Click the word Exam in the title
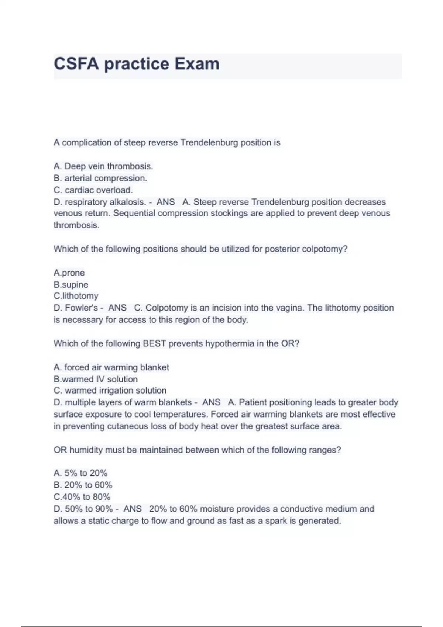pyautogui.click(x=197, y=64)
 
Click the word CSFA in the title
pyautogui.click(x=76, y=64)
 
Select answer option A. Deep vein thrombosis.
pyautogui.click(x=103, y=166)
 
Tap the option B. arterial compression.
pyautogui.click(x=100, y=178)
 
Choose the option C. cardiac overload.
pyautogui.click(x=93, y=190)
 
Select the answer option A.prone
pyautogui.click(x=69, y=273)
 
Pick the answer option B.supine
pyautogui.click(x=71, y=285)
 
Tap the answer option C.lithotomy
pyautogui.click(x=76, y=296)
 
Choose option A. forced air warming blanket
pyautogui.click(x=111, y=367)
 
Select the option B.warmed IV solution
pyautogui.click(x=96, y=379)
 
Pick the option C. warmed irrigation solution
pyautogui.click(x=110, y=391)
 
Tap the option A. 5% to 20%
pyautogui.click(x=80, y=473)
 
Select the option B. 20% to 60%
pyautogui.click(x=83, y=485)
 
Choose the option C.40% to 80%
pyautogui.click(x=82, y=497)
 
